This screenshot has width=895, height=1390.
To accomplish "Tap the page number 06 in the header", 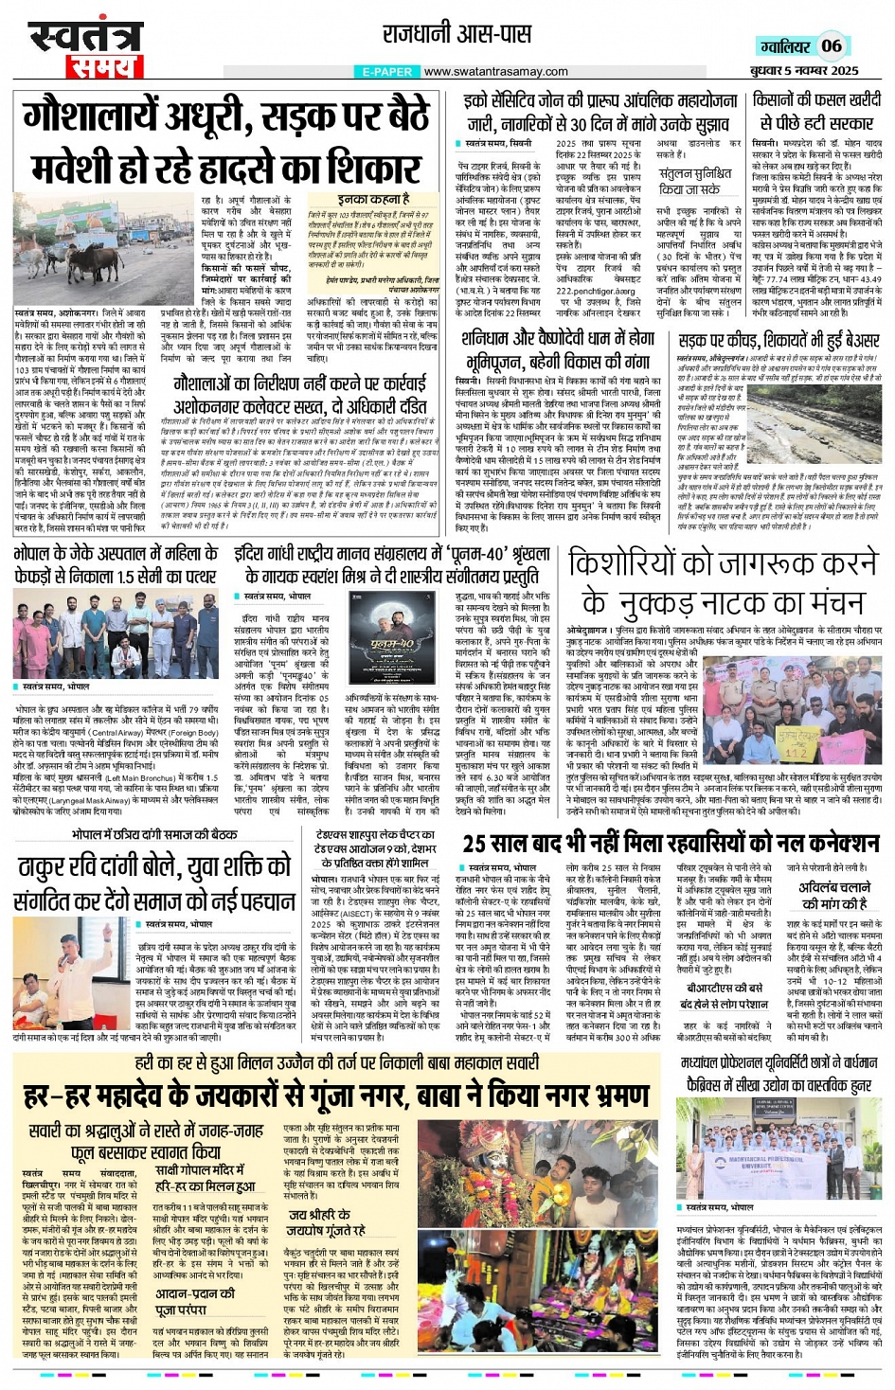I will point(831,45).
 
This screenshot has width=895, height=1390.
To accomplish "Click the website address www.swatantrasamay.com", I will point(495,72).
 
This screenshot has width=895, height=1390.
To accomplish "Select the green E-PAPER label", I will point(386,72).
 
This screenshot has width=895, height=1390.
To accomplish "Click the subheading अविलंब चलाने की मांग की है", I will point(834,895).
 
